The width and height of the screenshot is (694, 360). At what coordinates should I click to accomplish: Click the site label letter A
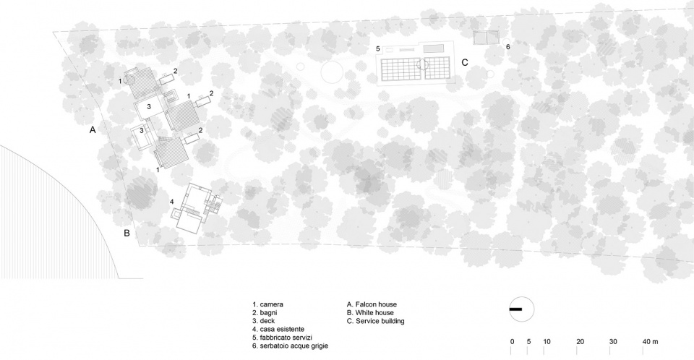(x=93, y=129)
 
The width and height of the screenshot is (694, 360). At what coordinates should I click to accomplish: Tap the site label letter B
(x=127, y=233)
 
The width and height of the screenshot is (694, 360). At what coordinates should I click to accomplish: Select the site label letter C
(x=465, y=62)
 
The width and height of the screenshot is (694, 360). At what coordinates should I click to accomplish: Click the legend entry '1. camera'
(x=267, y=304)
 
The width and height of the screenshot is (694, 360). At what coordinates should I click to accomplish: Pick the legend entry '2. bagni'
(x=265, y=313)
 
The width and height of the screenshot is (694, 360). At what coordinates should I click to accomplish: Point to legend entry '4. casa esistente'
(x=278, y=329)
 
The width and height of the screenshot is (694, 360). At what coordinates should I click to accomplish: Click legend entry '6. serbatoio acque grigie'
(x=291, y=346)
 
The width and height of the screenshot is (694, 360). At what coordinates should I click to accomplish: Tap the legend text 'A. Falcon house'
(x=372, y=304)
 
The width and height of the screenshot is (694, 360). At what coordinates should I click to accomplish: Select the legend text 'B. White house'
(x=370, y=312)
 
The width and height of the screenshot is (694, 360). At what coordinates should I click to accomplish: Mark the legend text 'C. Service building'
(x=375, y=321)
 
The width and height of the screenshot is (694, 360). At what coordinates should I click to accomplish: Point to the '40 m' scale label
(x=651, y=342)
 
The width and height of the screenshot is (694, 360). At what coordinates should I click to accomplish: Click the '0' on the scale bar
(x=512, y=342)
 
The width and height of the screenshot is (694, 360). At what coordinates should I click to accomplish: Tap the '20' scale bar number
(x=581, y=342)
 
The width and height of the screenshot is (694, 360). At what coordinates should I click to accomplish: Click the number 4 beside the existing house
(x=172, y=202)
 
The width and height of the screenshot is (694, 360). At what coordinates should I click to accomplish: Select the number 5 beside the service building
(x=378, y=48)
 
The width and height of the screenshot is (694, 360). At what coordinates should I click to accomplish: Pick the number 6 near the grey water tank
(x=507, y=46)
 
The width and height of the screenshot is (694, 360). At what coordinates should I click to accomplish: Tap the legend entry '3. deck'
(x=263, y=321)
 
